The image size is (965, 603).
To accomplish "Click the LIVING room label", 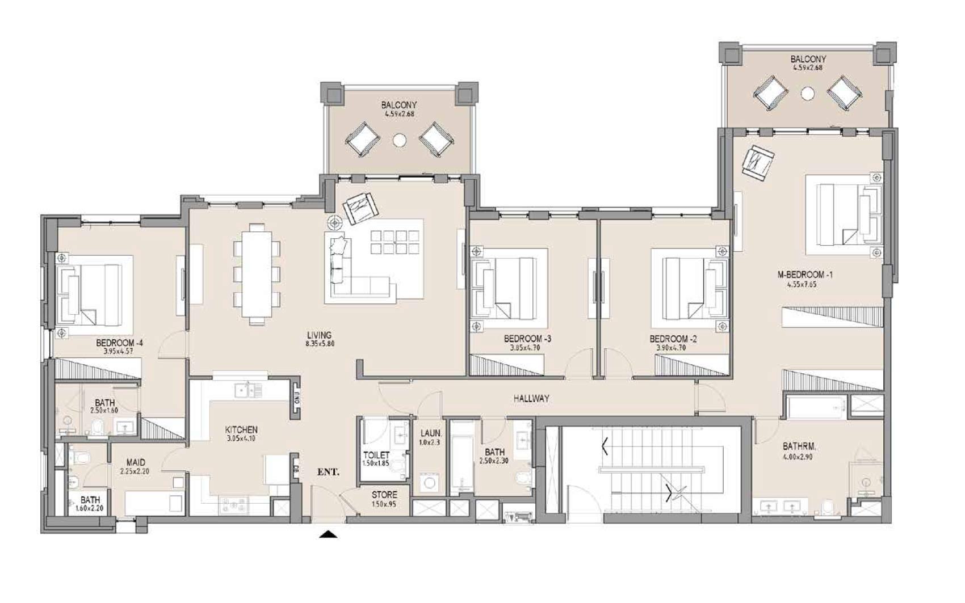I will [318, 335].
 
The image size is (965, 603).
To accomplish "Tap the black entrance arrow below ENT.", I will [328, 534].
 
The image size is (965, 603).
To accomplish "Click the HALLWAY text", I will [531, 399].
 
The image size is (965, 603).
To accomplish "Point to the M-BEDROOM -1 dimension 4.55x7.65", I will [801, 285].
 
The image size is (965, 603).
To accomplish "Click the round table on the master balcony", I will [808, 94].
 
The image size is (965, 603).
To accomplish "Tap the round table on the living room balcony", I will [400, 140].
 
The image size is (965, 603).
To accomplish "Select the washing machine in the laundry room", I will [430, 483].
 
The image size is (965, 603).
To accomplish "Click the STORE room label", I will [384, 495].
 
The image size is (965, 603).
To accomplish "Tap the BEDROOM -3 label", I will [527, 339].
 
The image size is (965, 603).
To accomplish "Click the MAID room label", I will [136, 462].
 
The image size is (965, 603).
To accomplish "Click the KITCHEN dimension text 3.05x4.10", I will [241, 438].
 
